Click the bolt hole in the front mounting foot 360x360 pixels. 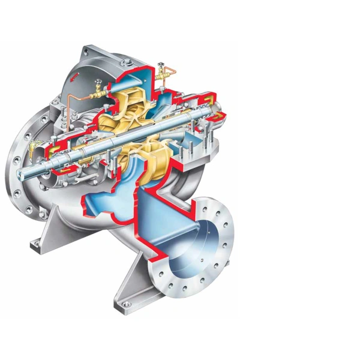125,305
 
